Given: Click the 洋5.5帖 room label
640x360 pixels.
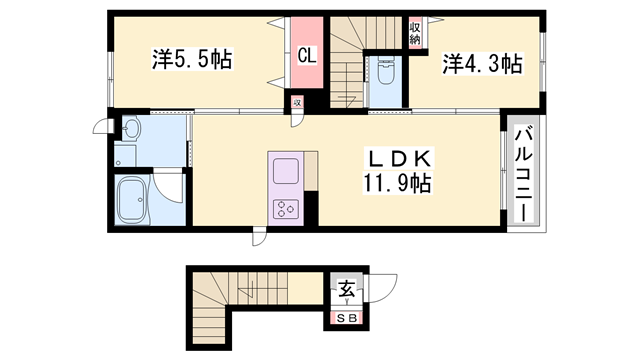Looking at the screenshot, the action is pyautogui.click(x=192, y=60).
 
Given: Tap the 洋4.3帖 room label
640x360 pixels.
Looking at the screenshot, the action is pyautogui.click(x=482, y=64).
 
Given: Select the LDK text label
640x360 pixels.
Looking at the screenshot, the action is pyautogui.click(x=400, y=159).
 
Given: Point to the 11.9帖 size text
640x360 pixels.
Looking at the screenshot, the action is pyautogui.click(x=397, y=183).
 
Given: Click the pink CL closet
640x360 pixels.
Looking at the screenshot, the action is pyautogui.click(x=307, y=52).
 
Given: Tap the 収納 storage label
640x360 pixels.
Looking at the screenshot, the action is pyautogui.click(x=415, y=33).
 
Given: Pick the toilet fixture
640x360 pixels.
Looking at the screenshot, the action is pyautogui.click(x=385, y=71).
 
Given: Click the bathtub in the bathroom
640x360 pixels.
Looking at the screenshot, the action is pyautogui.click(x=132, y=201).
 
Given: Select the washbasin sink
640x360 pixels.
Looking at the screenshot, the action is pyautogui.click(x=131, y=129).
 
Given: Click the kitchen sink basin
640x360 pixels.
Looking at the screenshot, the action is pyautogui.click(x=286, y=171).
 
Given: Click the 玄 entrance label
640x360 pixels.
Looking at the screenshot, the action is pyautogui.click(x=347, y=289).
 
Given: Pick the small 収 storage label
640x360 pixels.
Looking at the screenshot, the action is pyautogui.click(x=298, y=102).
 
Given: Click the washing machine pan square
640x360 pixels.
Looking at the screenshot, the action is pyautogui.click(x=125, y=155).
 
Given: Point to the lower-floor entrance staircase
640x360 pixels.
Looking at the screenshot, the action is pyautogui.click(x=229, y=295).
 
